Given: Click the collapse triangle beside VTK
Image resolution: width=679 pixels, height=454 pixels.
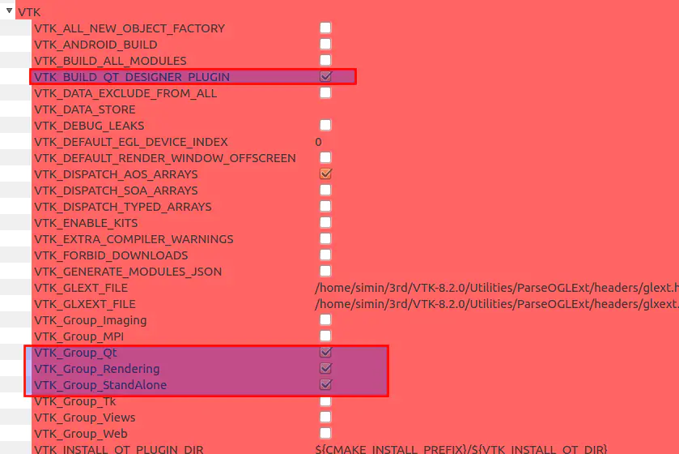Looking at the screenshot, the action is click(x=9, y=11).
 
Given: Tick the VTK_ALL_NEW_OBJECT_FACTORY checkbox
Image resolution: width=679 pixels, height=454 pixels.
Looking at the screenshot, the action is click(x=325, y=28).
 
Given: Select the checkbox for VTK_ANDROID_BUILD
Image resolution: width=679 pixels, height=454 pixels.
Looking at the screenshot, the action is click(x=325, y=44).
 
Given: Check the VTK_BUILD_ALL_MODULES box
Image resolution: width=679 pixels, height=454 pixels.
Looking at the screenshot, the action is click(x=325, y=60).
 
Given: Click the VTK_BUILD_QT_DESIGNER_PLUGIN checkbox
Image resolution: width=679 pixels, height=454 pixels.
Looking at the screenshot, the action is click(x=325, y=76).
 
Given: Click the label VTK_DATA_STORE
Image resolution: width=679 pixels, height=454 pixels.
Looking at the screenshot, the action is click(x=84, y=109).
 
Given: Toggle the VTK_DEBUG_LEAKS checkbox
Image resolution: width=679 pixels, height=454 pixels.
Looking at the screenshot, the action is click(x=325, y=125).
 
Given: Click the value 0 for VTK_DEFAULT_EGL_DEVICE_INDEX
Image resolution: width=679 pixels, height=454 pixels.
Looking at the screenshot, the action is click(x=318, y=142).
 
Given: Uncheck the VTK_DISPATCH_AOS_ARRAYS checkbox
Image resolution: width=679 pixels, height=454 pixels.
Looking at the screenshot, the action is click(x=325, y=173).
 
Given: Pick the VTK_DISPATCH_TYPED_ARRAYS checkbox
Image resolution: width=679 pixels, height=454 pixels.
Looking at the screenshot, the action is click(x=325, y=206).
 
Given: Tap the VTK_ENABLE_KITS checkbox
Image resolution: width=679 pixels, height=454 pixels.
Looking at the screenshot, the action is click(x=325, y=222).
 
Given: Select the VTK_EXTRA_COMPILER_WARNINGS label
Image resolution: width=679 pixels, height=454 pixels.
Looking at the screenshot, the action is click(x=134, y=239).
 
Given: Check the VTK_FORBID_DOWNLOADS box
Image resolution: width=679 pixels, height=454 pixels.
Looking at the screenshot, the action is click(x=325, y=255).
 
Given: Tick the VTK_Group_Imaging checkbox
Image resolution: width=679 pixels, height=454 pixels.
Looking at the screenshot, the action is click(x=325, y=319).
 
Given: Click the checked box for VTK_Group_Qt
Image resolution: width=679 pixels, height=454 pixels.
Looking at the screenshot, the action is click(x=325, y=352).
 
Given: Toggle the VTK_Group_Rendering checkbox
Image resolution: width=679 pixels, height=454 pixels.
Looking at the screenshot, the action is click(x=325, y=368).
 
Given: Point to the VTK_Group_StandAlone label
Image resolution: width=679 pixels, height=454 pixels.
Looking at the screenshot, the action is click(x=100, y=385).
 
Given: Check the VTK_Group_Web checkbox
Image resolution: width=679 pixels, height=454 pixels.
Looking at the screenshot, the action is click(x=325, y=433).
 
